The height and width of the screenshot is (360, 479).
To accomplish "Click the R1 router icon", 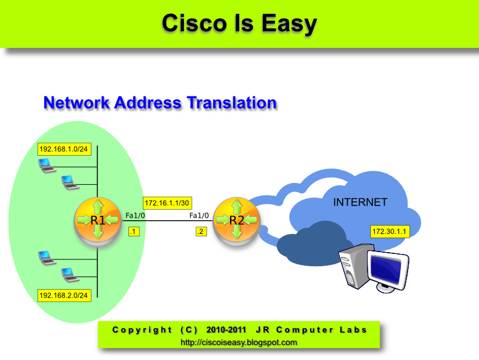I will pos(97,220).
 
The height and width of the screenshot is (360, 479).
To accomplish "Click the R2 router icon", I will pos(236,220).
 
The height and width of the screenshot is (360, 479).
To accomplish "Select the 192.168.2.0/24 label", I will pos(64,295).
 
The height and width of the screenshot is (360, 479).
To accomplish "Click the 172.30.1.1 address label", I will pos(390,232).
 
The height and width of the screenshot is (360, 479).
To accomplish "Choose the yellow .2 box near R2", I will pos(200,232).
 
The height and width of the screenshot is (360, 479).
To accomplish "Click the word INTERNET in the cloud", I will pos(360,202).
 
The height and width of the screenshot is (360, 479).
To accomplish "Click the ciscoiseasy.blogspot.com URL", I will pos(239,342).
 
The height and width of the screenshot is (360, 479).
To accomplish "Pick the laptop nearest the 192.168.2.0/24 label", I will pos(69,275).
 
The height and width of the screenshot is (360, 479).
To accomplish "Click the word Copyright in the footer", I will pos(142,330).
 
